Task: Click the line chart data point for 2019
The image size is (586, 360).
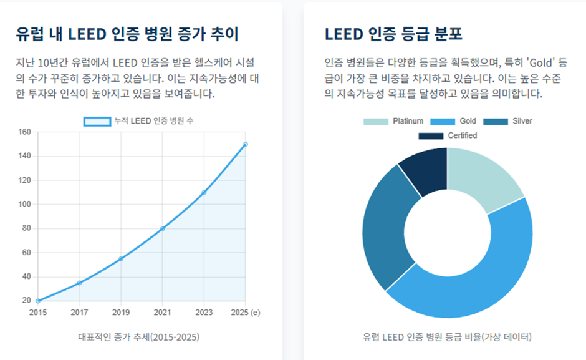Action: (x=121, y=258)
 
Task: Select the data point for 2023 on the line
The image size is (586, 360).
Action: (x=204, y=192)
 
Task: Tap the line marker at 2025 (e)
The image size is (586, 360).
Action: (x=245, y=144)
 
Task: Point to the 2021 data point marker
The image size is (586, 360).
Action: (x=163, y=228)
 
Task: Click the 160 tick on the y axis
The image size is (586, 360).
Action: (x=24, y=132)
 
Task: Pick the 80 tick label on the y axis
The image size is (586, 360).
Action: (x=26, y=228)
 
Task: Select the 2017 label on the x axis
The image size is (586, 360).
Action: (x=79, y=313)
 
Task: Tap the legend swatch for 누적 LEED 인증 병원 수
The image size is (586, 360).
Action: (x=97, y=121)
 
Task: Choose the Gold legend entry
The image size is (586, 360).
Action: (x=453, y=121)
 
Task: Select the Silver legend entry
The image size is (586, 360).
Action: (x=507, y=121)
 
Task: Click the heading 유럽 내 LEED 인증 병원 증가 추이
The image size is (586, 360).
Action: (x=128, y=34)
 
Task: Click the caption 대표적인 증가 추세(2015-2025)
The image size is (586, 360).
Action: (x=138, y=337)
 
